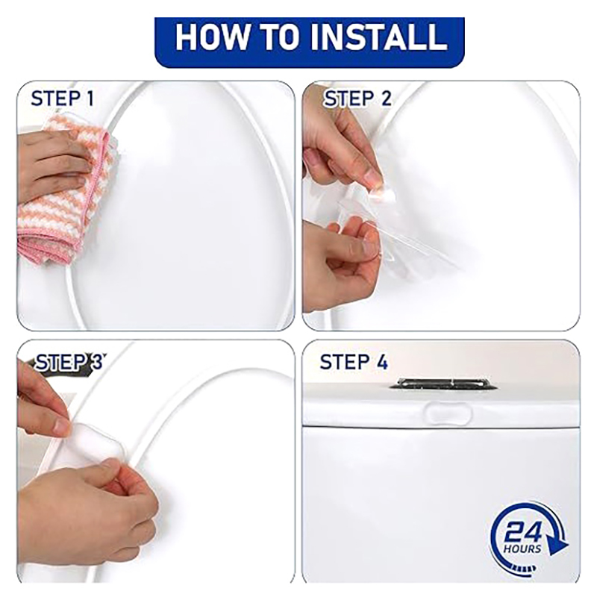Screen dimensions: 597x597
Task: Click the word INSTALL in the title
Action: click(x=378, y=37)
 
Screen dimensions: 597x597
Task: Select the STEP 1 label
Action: click(x=63, y=99)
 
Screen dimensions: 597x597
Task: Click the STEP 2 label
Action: click(x=357, y=99)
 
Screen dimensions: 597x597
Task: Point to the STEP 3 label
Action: click(x=69, y=362)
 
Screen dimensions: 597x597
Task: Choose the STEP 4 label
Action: click(x=354, y=362)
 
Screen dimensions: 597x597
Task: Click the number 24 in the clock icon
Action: click(x=522, y=533)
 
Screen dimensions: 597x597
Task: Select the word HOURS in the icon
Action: click(x=522, y=549)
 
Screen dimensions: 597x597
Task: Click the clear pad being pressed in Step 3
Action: click(x=93, y=442)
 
